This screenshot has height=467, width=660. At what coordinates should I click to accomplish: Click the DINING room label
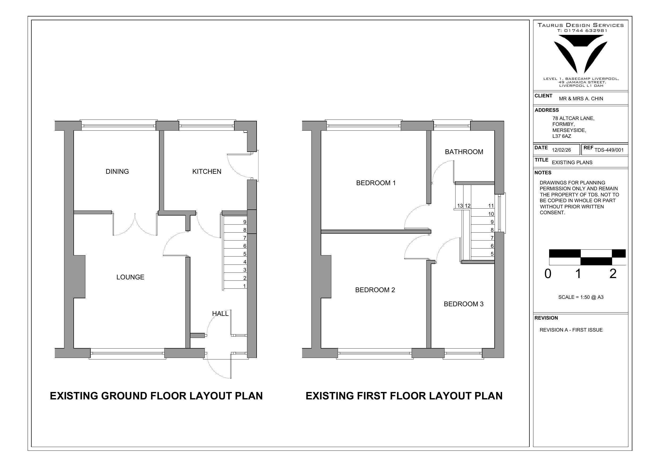point(117,171)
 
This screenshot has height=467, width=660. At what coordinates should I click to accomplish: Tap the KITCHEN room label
point(207,171)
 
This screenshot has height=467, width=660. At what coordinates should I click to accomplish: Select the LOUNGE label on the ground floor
point(130,277)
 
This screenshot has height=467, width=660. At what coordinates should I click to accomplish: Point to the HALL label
point(220,314)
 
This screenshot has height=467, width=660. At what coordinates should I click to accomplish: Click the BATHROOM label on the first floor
point(464,152)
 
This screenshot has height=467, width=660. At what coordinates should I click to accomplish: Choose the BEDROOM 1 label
point(376,183)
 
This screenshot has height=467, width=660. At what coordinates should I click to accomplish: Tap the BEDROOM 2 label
point(375,290)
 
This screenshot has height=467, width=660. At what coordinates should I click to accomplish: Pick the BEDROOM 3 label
point(463,304)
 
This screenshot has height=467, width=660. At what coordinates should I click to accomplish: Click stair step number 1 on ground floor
point(245,286)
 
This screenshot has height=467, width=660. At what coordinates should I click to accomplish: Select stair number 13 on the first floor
point(460,206)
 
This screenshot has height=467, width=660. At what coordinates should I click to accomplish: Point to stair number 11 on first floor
point(491,206)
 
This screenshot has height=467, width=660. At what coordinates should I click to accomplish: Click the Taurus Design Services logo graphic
point(581,54)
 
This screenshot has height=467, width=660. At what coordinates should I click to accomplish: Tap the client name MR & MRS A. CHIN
point(581,99)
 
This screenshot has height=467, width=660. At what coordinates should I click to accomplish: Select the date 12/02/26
point(561,150)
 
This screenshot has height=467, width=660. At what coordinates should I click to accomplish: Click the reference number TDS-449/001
point(609,150)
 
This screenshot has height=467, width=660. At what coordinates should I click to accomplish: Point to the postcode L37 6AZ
point(562,137)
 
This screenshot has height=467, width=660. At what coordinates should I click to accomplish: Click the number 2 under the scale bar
point(613,274)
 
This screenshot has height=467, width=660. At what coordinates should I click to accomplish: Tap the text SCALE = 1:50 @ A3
point(581,297)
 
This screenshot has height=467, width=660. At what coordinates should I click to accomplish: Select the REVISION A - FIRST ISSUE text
point(571,330)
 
